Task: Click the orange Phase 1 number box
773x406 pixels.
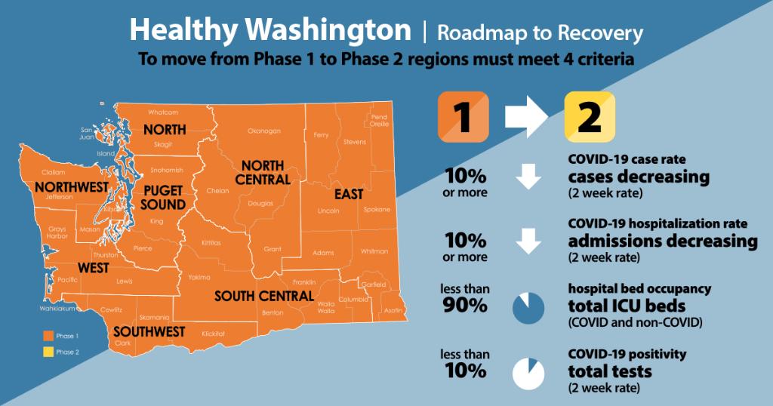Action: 463,118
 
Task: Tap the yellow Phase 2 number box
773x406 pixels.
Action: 590,118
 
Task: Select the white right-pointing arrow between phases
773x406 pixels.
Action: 527,116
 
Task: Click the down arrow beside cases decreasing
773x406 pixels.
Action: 528,178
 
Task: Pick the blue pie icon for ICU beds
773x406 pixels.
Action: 528,308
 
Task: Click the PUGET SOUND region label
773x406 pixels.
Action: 163,198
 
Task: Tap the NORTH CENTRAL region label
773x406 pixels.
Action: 263,173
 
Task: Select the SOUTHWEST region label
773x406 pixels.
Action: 149,331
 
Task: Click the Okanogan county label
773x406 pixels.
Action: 264,131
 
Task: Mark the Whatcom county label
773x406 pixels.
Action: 162,112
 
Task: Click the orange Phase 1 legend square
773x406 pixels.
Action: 48,336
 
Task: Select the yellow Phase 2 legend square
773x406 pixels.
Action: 48,352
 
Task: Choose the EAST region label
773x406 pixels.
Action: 349,195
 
